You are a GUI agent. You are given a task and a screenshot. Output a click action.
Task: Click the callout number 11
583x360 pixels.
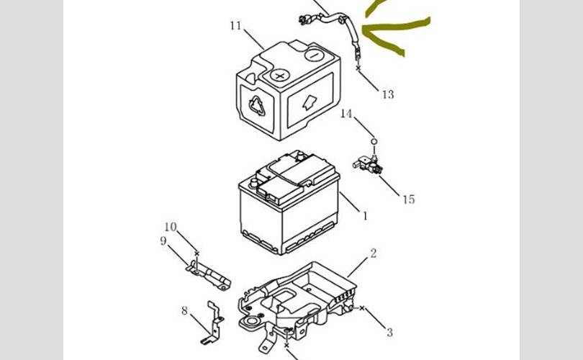tap(236, 26)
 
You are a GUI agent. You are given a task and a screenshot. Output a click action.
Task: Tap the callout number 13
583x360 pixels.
tap(388, 94)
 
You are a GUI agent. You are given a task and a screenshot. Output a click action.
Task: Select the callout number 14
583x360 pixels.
tap(346, 114)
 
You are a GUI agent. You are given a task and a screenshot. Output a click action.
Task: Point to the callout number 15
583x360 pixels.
tap(409, 199)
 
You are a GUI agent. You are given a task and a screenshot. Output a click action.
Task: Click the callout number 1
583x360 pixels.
tap(365, 216)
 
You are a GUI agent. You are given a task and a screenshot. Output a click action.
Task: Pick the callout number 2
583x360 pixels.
tap(374, 253)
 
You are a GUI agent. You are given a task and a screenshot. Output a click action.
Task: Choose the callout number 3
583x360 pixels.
tap(389, 332)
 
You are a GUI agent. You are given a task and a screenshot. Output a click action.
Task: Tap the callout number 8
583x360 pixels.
tap(184, 310)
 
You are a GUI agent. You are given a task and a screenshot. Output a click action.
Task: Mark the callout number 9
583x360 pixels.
tap(163, 241)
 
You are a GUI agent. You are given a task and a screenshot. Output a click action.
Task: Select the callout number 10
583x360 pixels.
tap(171, 227)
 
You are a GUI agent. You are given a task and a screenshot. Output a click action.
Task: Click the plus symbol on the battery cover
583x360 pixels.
tap(279, 76)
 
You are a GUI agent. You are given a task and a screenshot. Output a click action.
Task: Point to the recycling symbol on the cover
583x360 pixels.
tap(257, 106)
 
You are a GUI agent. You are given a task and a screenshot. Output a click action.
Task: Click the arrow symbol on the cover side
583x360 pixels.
tap(309, 102)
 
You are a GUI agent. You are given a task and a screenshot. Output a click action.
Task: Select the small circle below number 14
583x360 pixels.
tap(374, 141)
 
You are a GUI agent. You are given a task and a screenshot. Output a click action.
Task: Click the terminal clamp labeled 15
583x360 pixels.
tap(368, 163)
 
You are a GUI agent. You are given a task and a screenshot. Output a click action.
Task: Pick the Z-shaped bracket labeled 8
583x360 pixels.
tap(212, 323)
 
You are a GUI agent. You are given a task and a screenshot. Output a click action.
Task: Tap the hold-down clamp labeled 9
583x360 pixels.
tap(208, 274)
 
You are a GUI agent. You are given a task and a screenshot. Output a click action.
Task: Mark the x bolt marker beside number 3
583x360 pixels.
tap(362, 308)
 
